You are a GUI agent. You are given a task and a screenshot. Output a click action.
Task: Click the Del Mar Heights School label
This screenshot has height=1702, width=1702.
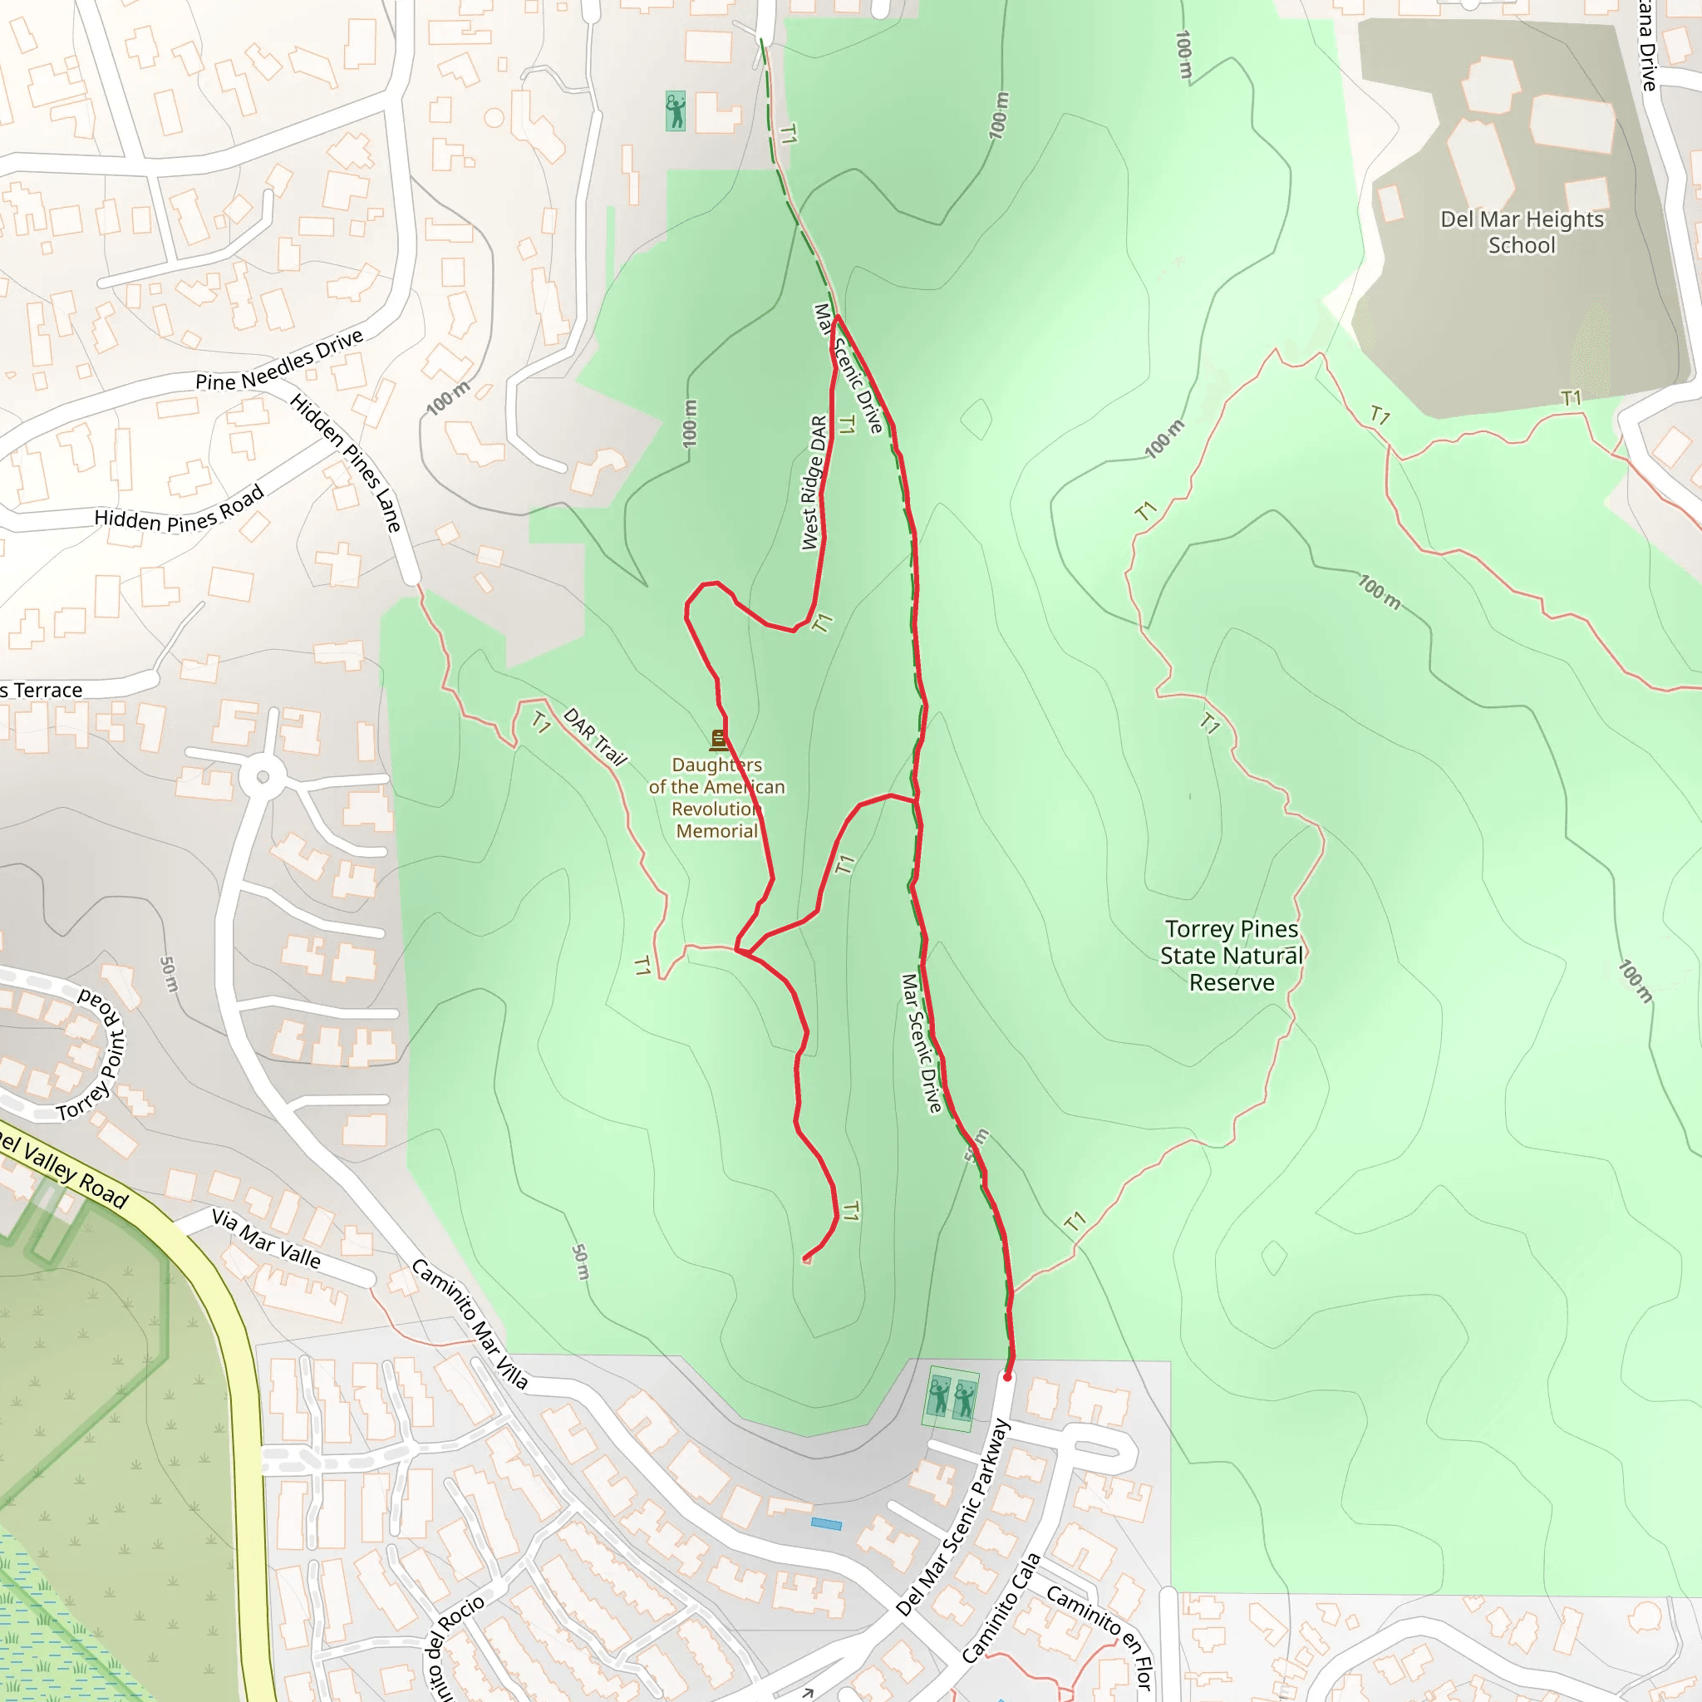tap(1522, 232)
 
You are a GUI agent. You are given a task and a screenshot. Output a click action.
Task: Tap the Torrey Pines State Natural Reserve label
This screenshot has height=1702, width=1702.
tap(1231, 956)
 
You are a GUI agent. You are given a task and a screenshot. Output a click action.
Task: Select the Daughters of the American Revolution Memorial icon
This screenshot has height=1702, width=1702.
tap(719, 739)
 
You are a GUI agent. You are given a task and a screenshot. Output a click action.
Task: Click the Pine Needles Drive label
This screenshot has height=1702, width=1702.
tap(279, 361)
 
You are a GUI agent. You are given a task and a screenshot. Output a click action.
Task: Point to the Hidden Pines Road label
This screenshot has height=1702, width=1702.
tap(179, 511)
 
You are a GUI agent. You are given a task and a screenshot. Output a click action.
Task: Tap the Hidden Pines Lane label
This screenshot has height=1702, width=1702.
tap(347, 463)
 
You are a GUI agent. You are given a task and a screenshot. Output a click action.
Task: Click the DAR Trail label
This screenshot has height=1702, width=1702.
tap(595, 736)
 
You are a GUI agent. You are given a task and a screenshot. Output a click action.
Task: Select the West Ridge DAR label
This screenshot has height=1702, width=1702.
tap(815, 483)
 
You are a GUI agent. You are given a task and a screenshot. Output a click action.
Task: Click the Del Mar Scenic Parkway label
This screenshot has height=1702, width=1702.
tap(953, 1517)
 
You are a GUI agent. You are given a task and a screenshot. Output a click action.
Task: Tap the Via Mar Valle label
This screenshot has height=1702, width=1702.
tap(266, 1237)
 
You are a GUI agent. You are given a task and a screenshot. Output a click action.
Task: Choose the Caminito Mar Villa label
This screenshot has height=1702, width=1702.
tap(470, 1324)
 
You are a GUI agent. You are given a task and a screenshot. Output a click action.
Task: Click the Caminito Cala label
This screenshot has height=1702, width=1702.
tap(1001, 1608)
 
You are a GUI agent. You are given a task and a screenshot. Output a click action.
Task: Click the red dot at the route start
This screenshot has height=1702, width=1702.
tap(1007, 1376)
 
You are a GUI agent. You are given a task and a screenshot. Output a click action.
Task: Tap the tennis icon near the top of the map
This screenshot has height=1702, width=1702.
tap(676, 112)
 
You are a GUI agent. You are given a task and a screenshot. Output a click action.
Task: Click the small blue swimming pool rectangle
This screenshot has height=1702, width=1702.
tap(825, 1523)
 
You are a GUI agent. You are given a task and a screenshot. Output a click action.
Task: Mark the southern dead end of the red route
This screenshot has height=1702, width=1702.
tap(805, 1257)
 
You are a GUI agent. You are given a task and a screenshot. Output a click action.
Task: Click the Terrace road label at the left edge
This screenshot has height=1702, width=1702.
tap(42, 691)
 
